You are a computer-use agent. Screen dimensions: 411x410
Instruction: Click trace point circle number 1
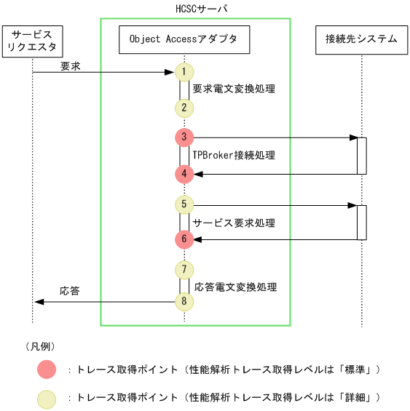tap(184, 72)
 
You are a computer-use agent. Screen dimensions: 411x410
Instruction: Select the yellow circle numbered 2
tap(184, 108)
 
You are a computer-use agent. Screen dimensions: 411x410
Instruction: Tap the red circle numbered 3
tap(184, 137)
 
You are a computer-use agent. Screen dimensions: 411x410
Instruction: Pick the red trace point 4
tap(184, 173)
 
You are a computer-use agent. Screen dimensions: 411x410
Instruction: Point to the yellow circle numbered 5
tap(184, 204)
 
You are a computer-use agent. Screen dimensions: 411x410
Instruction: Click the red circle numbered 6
tap(184, 239)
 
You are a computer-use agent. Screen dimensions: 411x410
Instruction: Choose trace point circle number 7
tap(184, 270)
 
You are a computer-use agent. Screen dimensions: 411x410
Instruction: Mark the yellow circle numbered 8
tap(184, 301)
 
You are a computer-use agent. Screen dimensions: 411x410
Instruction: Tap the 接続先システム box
tap(361, 39)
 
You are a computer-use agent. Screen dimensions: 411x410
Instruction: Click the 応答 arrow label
tap(70, 291)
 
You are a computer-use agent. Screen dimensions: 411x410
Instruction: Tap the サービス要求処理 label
tap(234, 222)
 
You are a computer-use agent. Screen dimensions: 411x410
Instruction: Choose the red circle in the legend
tap(46, 370)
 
